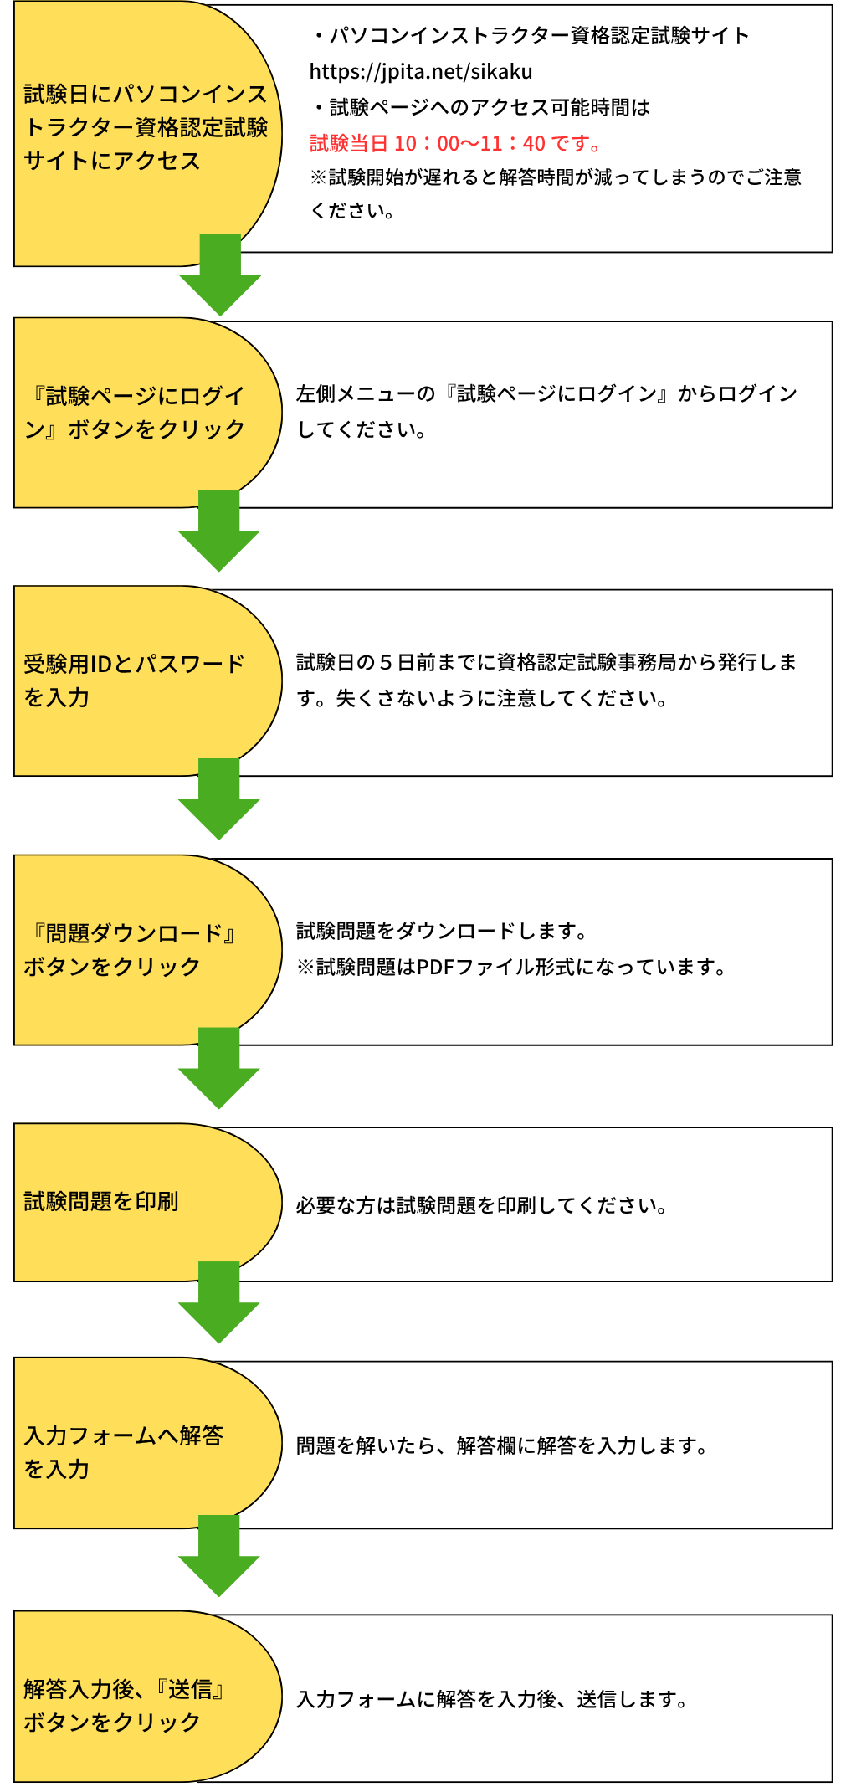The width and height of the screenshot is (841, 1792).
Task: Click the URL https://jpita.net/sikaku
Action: [x=421, y=72]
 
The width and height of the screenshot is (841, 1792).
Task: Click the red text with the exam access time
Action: [x=456, y=144]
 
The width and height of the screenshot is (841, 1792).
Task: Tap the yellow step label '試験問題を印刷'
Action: [x=101, y=1202]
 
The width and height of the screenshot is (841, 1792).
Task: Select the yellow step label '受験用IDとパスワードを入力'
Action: [x=134, y=680]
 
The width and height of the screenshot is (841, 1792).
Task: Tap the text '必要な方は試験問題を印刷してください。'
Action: [x=481, y=1206]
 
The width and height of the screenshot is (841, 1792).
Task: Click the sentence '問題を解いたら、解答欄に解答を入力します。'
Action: [x=502, y=1446]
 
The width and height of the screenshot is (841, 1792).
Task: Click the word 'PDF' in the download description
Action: [x=434, y=968]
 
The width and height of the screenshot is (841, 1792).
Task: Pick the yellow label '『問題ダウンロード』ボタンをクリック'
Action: [x=130, y=950]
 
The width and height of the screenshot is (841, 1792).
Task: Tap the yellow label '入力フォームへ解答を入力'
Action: [x=124, y=1452]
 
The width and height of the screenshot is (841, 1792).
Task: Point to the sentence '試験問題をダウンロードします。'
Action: [x=443, y=932]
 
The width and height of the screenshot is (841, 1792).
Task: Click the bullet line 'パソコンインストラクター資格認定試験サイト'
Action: [x=532, y=36]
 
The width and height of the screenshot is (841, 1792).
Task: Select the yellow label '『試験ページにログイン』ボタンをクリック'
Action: [x=134, y=413]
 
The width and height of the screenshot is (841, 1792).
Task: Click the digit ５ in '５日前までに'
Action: [x=385, y=663]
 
